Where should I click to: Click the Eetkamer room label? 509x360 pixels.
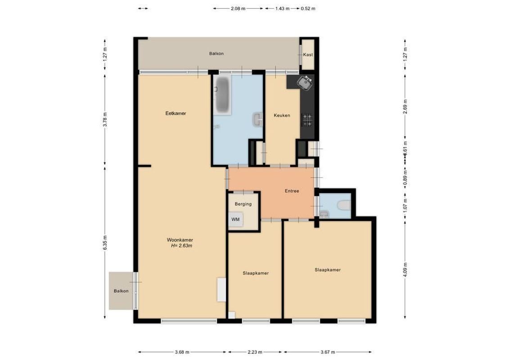tap(176, 113)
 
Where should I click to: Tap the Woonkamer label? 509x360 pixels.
tap(180, 240)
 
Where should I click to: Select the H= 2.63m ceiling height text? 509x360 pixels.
tap(181, 246)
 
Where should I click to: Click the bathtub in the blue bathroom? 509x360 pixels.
tap(222, 95)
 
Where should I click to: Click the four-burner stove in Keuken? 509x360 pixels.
tap(307, 120)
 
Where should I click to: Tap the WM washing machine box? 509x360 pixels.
tap(236, 220)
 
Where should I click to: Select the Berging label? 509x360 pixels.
tap(243, 204)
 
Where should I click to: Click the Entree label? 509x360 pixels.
tap(292, 191)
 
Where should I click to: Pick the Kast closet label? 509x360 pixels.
tap(308, 55)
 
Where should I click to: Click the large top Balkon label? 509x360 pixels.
tap(216, 54)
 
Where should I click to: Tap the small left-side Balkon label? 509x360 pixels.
tap(121, 291)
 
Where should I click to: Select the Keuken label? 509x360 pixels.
tap(282, 116)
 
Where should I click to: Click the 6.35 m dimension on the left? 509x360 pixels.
tap(105, 243)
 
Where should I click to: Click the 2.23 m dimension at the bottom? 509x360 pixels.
tap(255, 352)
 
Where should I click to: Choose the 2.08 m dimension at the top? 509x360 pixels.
tap(238, 9)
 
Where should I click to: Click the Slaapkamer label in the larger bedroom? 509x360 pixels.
tap(327, 270)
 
